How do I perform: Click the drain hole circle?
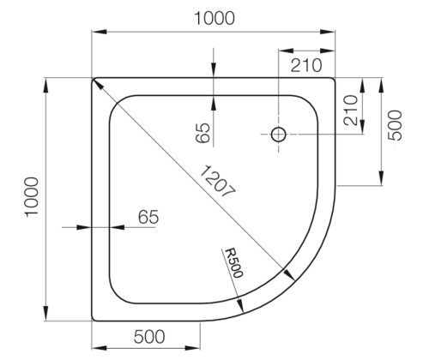(279, 134)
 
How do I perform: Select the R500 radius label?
(234, 263)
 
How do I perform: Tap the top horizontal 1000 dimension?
(214, 19)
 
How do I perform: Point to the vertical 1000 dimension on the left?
(32, 197)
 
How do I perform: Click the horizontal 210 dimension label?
(306, 65)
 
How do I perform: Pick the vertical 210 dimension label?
(351, 111)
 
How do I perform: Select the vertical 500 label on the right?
(395, 125)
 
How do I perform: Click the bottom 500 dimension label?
(149, 336)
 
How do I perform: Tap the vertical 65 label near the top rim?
(203, 133)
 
